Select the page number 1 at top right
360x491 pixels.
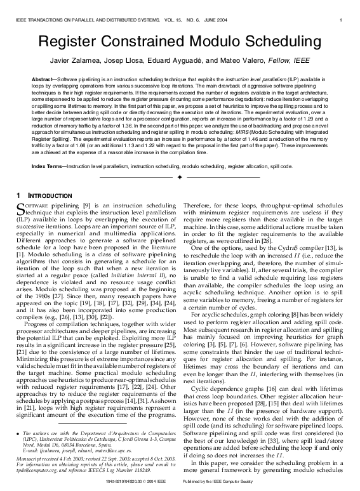click(x=342, y=22)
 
